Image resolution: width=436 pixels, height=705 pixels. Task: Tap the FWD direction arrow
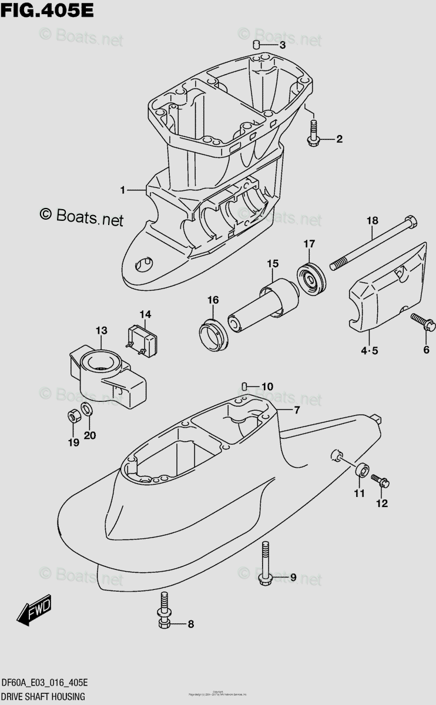coord(35,611)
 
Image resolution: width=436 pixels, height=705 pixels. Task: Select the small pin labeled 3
coord(257,45)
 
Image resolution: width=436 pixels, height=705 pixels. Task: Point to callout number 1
coord(123,190)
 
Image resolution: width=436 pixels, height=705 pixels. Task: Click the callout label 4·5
coord(370,351)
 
